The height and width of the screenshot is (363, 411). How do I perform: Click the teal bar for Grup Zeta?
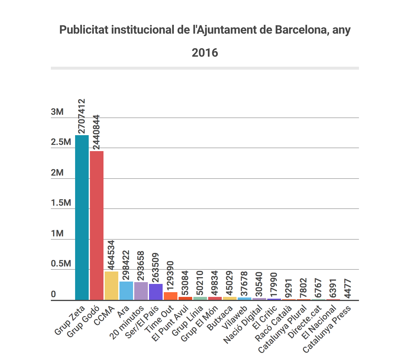click(82, 218)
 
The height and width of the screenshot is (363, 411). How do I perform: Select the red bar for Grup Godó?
click(97, 225)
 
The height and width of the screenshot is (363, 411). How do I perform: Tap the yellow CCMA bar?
click(111, 285)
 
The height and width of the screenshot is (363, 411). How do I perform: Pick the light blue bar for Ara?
click(126, 291)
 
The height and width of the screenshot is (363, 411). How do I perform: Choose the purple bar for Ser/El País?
click(156, 292)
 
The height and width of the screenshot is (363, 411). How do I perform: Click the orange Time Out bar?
click(171, 296)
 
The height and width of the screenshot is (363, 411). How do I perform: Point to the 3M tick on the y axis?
click(57, 112)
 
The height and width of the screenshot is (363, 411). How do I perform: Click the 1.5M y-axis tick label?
click(61, 203)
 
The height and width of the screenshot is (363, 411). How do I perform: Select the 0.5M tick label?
click(61, 264)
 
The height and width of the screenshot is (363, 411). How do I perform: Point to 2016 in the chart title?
click(205, 53)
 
